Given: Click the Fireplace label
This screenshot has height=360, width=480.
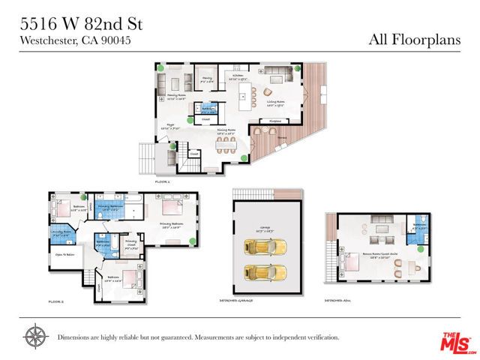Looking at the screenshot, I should (x=275, y=120).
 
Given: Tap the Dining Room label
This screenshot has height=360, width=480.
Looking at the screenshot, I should (x=223, y=132).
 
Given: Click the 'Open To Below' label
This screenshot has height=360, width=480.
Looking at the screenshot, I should (x=63, y=254).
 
